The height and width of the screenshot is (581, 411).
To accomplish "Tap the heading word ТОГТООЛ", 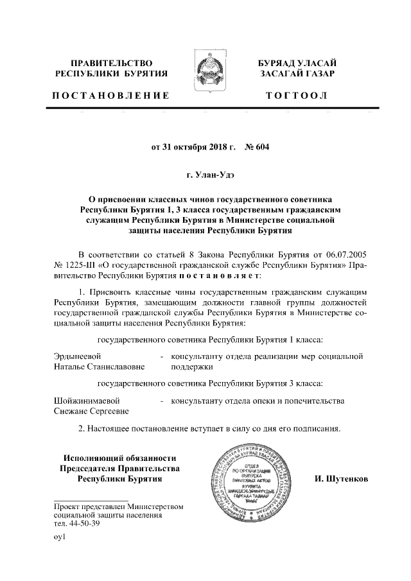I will [x=296, y=96].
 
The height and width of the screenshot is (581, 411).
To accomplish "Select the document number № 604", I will [x=257, y=146].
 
